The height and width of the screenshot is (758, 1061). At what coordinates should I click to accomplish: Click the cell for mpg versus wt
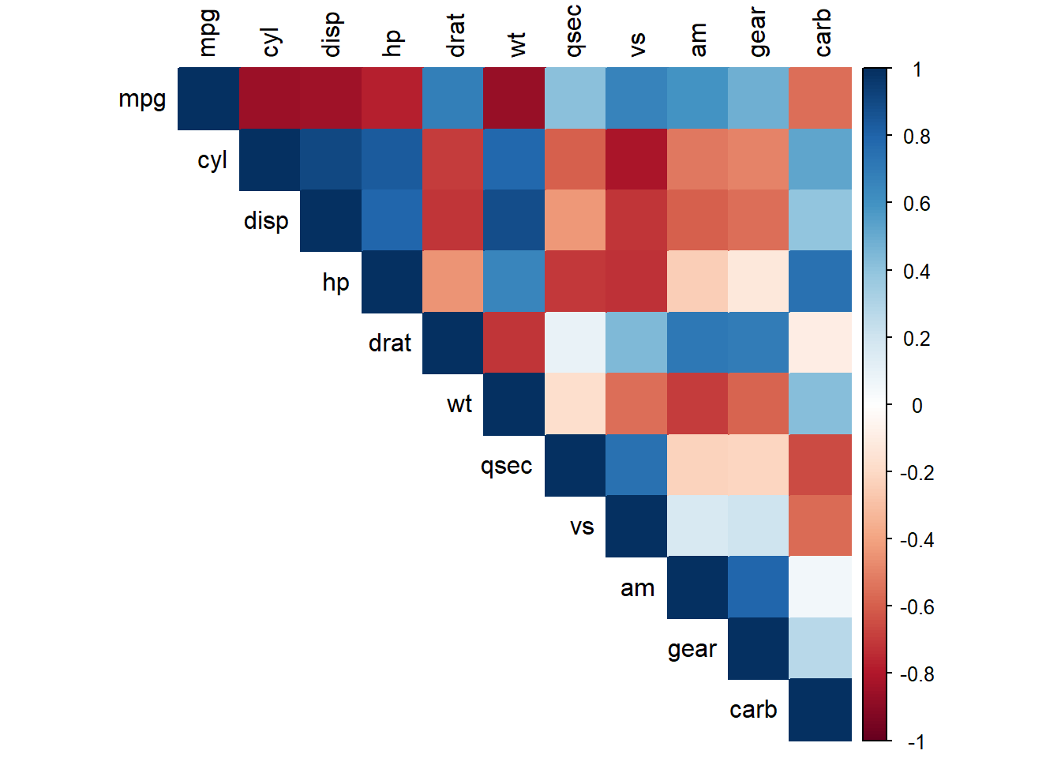click(514, 99)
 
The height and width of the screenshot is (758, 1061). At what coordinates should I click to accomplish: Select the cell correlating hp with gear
click(759, 281)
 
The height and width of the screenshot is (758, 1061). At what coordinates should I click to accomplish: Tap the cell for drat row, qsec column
click(575, 342)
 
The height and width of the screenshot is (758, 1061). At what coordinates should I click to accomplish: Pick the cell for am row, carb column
click(820, 587)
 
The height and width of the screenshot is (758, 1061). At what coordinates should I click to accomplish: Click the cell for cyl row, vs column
click(636, 159)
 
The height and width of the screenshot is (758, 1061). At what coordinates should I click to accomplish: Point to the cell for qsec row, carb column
click(820, 464)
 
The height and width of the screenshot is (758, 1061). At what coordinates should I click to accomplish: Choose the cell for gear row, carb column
click(820, 647)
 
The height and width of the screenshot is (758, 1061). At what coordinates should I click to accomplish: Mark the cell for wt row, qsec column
click(575, 403)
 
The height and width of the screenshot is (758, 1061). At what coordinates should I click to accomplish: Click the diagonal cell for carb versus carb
click(820, 709)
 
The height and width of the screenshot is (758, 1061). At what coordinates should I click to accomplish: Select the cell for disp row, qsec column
click(575, 220)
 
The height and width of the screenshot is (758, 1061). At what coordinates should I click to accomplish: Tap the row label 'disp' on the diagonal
click(266, 220)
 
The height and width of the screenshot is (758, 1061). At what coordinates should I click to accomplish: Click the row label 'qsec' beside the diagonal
click(506, 466)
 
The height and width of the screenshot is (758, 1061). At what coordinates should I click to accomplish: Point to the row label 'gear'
click(692, 649)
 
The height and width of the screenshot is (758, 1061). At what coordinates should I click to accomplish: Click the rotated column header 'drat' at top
click(456, 36)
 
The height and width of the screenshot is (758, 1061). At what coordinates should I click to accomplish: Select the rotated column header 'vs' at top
click(638, 44)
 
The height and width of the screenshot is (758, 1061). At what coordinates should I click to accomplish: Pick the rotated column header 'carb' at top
click(822, 32)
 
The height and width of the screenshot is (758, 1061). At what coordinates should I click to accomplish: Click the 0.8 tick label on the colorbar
click(917, 137)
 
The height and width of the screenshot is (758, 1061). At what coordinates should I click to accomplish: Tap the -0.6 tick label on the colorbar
click(917, 607)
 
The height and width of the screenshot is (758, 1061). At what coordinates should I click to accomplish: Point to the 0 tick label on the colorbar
click(917, 406)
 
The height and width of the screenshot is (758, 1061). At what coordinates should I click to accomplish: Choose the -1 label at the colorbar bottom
click(916, 742)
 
